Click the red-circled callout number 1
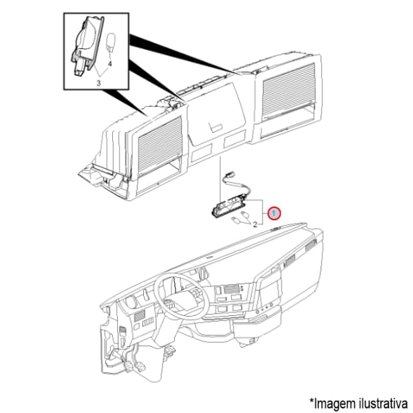point(274,213)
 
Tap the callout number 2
point(255,224)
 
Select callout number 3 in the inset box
point(98,83)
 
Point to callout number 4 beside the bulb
point(110,64)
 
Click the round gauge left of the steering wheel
point(130,301)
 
